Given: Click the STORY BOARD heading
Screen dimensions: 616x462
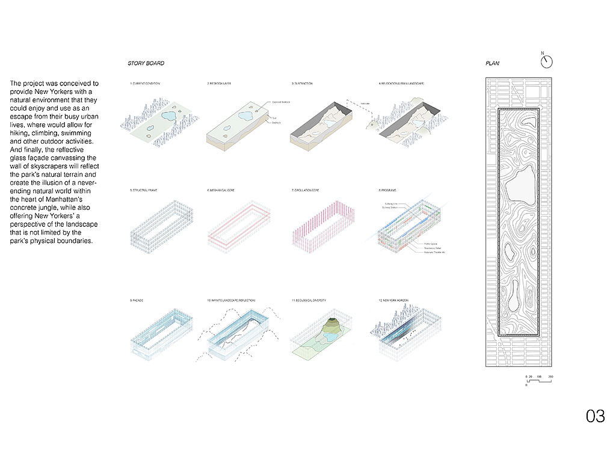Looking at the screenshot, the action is (146, 63).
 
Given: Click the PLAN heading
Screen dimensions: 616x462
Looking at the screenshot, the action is (492, 63).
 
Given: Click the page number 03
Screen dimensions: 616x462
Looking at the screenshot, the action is (595, 416).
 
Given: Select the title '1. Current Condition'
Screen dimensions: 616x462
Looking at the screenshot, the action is (145, 83).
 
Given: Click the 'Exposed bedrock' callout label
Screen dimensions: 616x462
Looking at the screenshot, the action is (281, 102).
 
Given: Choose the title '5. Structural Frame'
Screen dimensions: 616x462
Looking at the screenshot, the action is (144, 190).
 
